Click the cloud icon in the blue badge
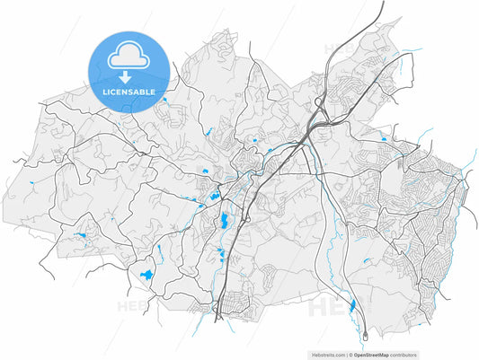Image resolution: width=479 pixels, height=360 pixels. point(127,59)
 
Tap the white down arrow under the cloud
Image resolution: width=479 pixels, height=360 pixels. point(127,77)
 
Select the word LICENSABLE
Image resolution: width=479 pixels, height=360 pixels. point(129,92)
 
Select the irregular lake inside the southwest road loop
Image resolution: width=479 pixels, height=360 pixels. point(146,275)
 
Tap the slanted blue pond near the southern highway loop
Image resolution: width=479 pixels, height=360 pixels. point(352,306)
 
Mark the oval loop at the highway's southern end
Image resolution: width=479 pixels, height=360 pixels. point(365,336)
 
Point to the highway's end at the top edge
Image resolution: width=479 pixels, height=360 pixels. point(384,3)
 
